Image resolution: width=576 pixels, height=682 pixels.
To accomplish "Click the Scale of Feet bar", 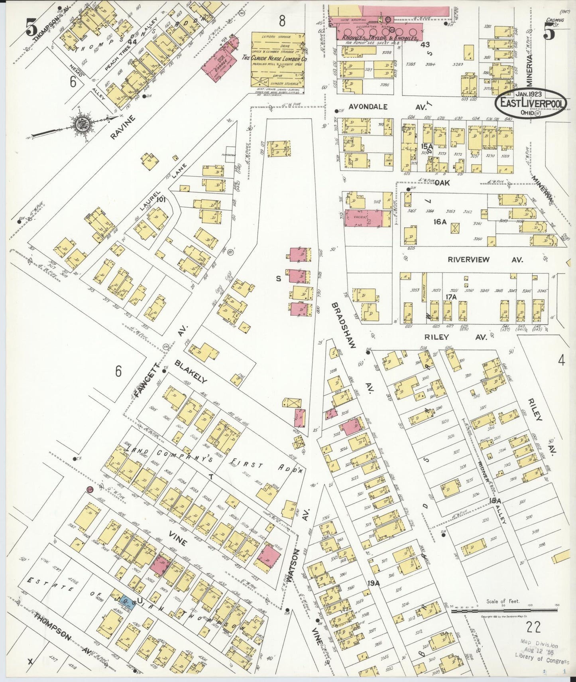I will pyautogui.click(x=504, y=610).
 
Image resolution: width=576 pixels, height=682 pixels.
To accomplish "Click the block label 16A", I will pyautogui.click(x=440, y=222).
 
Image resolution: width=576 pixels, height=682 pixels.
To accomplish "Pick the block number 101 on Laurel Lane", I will pyautogui.click(x=161, y=199).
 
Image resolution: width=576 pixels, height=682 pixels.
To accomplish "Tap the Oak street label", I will pyautogui.click(x=442, y=182).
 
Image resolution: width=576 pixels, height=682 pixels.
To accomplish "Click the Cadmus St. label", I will pyautogui.click(x=553, y=22).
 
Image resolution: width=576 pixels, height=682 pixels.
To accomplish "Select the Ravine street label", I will pyautogui.click(x=122, y=127).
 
